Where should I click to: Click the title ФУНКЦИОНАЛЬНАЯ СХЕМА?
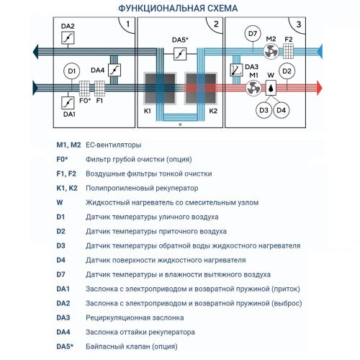[179, 8]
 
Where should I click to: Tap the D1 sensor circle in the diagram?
[71, 71]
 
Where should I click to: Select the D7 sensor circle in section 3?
[252, 35]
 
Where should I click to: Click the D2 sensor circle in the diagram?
[286, 71]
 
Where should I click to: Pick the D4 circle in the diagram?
[282, 109]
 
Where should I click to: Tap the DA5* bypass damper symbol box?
[180, 53]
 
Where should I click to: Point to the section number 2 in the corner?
[215, 25]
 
